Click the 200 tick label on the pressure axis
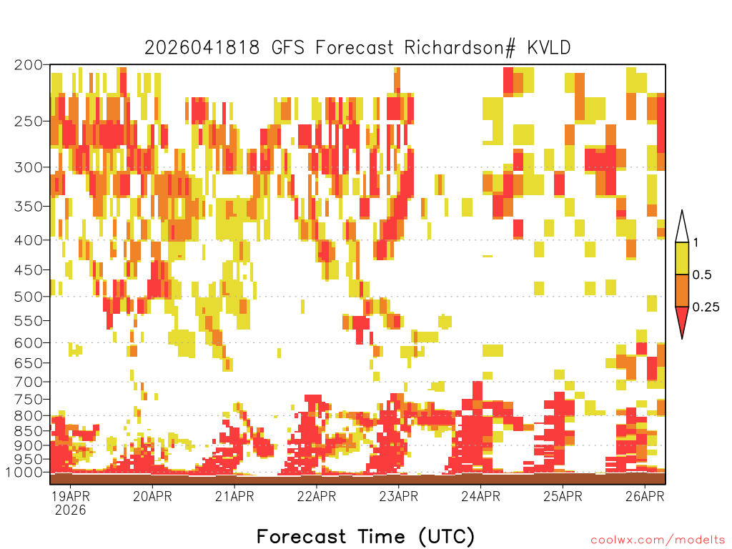coord(29,65)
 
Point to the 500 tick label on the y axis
coord(29,297)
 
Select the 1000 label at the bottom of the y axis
coord(24,472)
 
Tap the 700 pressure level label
coord(29,382)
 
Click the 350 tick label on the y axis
coord(29,207)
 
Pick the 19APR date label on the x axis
coord(71,496)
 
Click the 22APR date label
coord(317,496)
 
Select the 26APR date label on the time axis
coord(645,496)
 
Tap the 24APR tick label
coord(481,496)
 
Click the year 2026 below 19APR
coord(71,510)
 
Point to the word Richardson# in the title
coord(460,48)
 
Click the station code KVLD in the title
coord(549,48)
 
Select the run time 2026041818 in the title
coord(202,48)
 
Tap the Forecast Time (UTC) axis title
coord(366,537)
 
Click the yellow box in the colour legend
coord(682,258)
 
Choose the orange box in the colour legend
coord(682,290)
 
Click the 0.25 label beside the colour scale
coord(706,307)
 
